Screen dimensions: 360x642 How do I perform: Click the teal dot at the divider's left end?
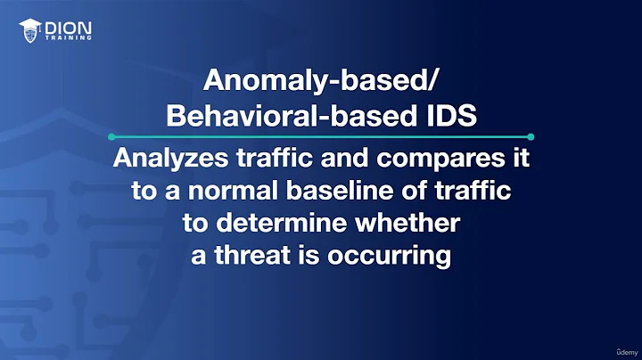point(111,136)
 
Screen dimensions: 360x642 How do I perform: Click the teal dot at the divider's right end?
point(531,136)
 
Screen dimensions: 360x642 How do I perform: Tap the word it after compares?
point(520,161)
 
